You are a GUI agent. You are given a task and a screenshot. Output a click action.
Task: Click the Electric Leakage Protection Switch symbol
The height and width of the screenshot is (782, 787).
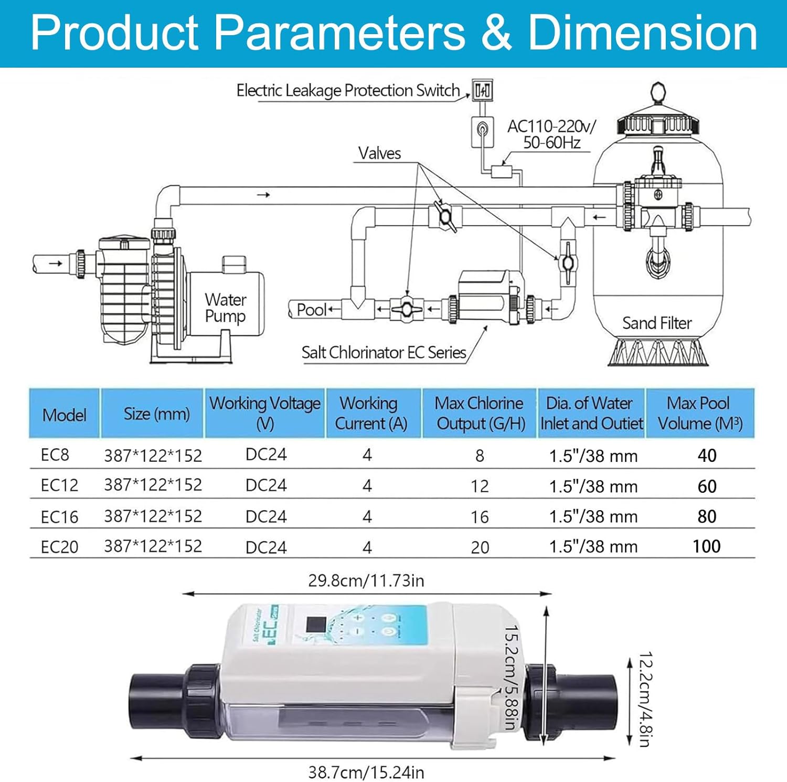[x=482, y=90]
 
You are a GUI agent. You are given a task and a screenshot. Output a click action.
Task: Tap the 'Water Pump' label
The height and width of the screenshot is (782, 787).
[x=225, y=308]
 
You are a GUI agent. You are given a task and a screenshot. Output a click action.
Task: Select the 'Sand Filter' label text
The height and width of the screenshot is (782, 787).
[x=657, y=323]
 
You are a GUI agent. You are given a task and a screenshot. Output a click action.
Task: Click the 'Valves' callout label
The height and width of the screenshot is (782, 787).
[x=379, y=153]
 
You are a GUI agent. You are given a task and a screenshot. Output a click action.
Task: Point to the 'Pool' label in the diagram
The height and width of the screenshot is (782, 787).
[x=312, y=310]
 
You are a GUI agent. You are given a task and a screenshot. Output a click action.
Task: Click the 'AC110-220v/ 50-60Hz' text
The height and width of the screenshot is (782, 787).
[x=551, y=134]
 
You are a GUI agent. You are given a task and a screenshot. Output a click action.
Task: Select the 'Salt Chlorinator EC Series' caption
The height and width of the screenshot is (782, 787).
[x=384, y=352]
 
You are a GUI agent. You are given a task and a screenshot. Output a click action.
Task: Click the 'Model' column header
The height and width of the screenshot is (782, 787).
[x=64, y=415]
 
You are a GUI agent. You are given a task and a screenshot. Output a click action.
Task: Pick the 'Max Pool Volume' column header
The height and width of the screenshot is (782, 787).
[x=700, y=413]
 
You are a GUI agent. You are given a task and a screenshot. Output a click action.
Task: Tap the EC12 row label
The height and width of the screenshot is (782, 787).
[x=59, y=485]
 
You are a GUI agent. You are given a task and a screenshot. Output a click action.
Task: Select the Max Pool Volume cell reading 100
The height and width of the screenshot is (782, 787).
[x=706, y=546]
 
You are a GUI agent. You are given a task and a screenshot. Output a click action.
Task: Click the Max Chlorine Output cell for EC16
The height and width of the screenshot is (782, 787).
[x=480, y=517]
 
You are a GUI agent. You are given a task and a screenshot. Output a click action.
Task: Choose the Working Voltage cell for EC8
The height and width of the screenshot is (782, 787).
[x=266, y=455]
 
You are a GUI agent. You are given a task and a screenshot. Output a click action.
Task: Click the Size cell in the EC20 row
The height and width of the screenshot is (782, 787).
[x=153, y=546]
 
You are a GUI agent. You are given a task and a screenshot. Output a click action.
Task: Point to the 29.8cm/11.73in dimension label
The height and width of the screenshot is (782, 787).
[x=366, y=581]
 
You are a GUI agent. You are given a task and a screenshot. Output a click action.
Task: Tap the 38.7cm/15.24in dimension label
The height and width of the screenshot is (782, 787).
[x=366, y=773]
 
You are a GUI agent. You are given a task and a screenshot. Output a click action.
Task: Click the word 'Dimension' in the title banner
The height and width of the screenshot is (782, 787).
[x=642, y=33]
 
